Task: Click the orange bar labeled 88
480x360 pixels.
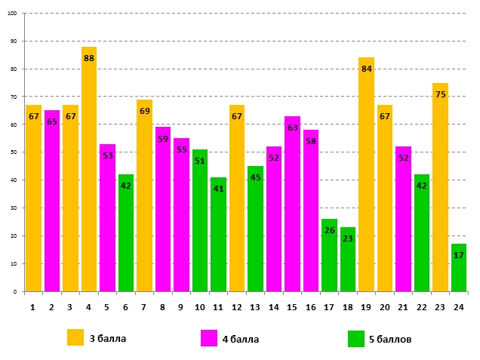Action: coord(89,169)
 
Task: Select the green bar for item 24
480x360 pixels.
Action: coord(459,267)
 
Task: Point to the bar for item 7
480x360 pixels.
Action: coord(144,195)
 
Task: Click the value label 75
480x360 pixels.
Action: coord(440,94)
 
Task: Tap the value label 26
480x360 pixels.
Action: coord(329,231)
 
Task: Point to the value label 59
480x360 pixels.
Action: coord(163,139)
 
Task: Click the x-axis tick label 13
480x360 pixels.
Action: coord(255,307)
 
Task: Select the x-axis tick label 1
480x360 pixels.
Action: coord(33,307)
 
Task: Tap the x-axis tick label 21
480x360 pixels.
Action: coord(403,307)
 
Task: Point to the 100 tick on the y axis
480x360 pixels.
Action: coord(15,14)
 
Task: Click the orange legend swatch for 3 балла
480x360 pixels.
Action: coord(75,338)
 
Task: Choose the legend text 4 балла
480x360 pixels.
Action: coord(240,340)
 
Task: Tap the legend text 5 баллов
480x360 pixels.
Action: coord(390,340)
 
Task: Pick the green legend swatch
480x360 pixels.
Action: coord(356,338)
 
